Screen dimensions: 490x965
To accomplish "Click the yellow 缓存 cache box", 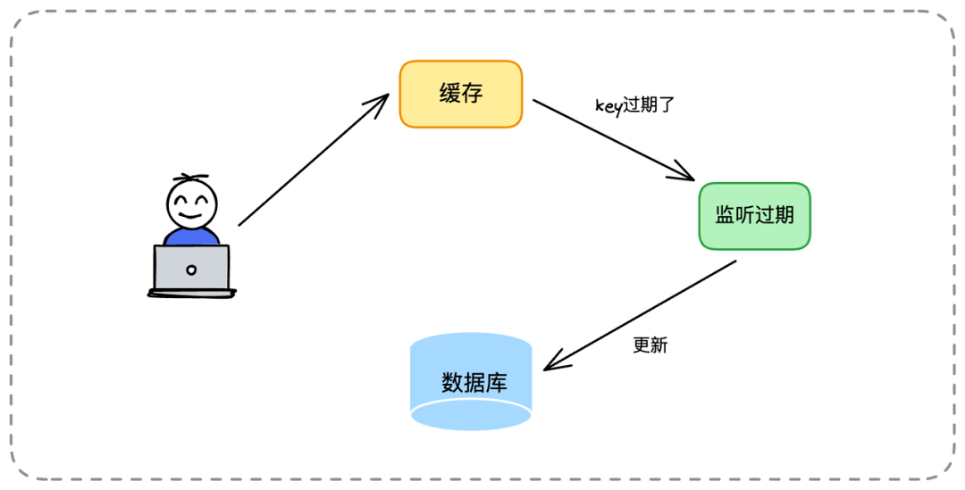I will click(x=460, y=94).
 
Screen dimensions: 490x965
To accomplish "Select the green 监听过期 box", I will click(x=754, y=216).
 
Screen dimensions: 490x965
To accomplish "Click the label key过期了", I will click(x=634, y=104).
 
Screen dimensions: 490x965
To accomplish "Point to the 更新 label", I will click(x=650, y=345).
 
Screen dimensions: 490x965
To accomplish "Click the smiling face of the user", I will click(x=191, y=204).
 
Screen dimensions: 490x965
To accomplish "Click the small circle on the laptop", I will click(x=191, y=270).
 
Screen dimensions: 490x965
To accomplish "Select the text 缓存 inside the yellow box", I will click(x=460, y=94).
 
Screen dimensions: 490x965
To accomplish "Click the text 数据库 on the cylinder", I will click(x=474, y=383).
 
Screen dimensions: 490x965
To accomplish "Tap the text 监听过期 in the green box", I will click(x=754, y=216).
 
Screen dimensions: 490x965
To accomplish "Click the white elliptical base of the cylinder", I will click(x=471, y=415).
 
